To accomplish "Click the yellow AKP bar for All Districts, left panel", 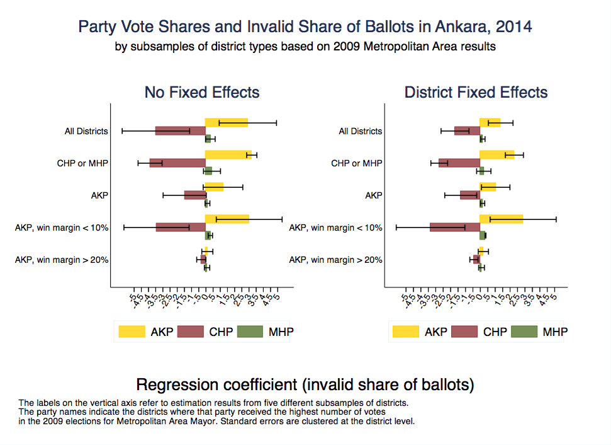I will tap(226, 122).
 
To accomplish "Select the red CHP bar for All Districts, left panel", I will tap(179, 131).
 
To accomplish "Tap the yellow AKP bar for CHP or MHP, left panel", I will tap(228, 154).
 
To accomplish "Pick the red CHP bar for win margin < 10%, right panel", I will tap(454, 227).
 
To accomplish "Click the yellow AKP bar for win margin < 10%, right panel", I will tap(501, 219).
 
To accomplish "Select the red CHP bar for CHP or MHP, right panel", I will tap(459, 163).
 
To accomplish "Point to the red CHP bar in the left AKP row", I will tap(194, 195).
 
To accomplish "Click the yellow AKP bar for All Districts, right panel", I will tap(490, 122).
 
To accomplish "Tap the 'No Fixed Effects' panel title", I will tap(202, 93).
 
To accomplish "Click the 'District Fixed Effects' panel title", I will tap(476, 93).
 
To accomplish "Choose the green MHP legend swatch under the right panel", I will tap(525, 332).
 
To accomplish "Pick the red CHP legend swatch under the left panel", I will tap(191, 332).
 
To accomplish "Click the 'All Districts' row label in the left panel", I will tap(86, 132).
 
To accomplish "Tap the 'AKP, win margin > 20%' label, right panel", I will tap(335, 260).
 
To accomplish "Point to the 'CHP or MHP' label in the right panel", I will tap(356, 164).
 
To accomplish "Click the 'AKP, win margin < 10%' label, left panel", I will tap(62, 228).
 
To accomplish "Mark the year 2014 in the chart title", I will tap(514, 27).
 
